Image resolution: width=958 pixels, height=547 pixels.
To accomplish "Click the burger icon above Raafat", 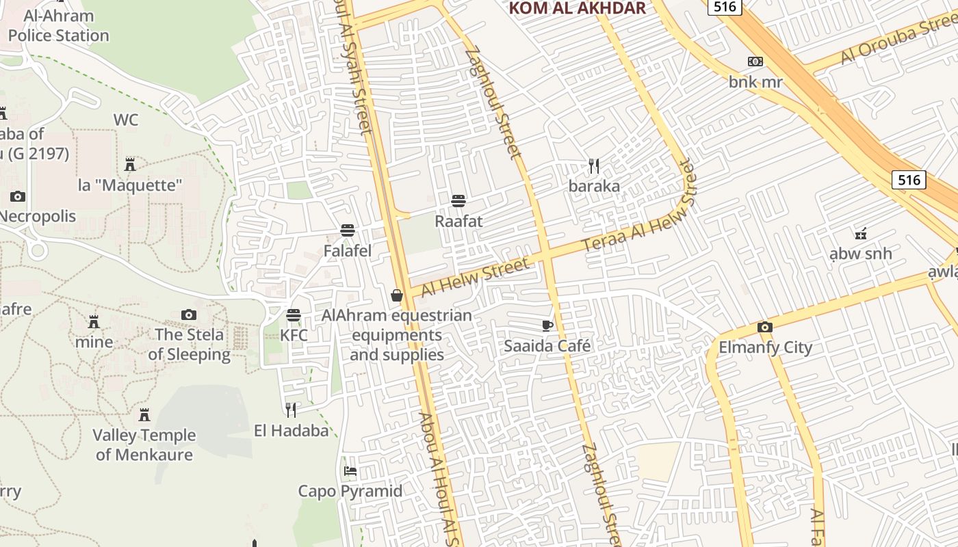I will click(458, 200).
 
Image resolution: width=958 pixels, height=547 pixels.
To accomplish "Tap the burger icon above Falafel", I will click(348, 230).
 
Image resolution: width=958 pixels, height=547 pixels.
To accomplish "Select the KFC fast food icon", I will click(294, 315).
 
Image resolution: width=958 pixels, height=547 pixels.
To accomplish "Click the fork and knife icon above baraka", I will click(594, 165).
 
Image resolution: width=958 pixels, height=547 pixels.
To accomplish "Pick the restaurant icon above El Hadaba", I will click(292, 410).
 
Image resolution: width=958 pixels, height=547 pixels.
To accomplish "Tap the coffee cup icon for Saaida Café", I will click(547, 325).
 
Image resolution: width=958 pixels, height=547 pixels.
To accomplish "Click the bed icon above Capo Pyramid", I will click(350, 470).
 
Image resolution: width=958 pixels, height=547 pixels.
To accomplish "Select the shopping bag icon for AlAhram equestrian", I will click(396, 295).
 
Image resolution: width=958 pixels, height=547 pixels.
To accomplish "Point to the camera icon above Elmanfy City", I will click(765, 327).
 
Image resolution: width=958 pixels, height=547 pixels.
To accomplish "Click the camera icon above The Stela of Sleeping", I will click(189, 315).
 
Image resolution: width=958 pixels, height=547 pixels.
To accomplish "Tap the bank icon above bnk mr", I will click(755, 62).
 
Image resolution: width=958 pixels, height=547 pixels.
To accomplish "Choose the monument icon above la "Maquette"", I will click(130, 164).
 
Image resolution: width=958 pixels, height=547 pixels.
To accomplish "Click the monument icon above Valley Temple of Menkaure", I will click(144, 414).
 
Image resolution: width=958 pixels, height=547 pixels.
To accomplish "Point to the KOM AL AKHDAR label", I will click(578, 8).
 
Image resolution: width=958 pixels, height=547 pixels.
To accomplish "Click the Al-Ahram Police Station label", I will click(58, 26).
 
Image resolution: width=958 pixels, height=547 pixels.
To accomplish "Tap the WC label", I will click(126, 120).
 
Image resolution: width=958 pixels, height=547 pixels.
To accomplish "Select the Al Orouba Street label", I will click(899, 40).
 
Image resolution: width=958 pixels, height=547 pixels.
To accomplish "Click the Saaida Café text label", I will click(547, 346).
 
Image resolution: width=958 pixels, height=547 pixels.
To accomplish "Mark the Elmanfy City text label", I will click(765, 347).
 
